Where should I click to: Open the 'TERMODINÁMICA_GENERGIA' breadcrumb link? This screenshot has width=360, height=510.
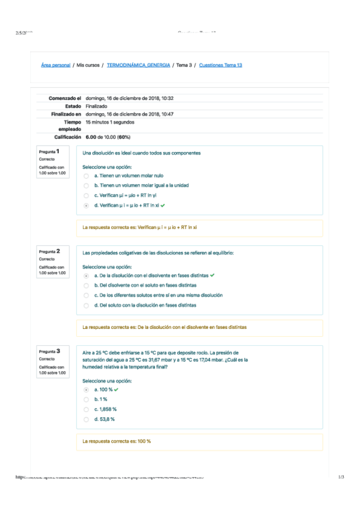[138, 65]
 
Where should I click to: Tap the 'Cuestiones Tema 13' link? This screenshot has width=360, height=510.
[221, 65]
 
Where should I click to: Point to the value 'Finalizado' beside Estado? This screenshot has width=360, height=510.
[97, 106]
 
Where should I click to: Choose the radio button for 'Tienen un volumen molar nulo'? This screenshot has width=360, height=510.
[87, 176]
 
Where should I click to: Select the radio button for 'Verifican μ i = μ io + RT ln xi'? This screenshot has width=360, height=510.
[87, 206]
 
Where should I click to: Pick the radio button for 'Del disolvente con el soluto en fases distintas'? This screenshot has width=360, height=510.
[87, 286]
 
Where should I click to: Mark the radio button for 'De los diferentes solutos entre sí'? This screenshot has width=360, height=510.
[87, 296]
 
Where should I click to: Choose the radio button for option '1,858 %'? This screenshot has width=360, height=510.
[87, 410]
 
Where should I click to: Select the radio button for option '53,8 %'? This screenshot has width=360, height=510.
[87, 419]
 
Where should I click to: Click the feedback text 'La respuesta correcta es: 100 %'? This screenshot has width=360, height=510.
[117, 441]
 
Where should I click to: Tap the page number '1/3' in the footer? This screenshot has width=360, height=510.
[341, 477]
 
